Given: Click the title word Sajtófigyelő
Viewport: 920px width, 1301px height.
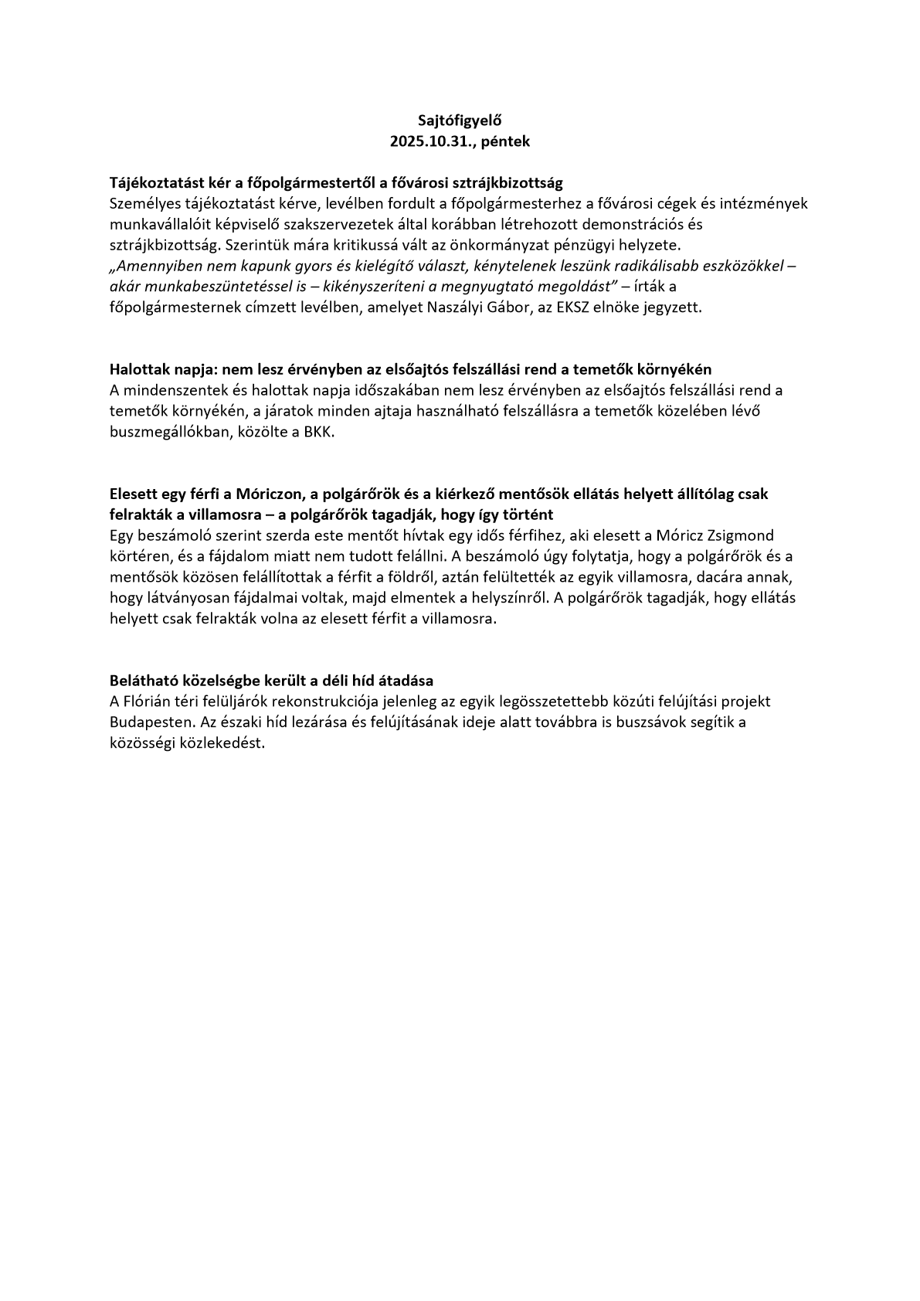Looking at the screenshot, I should point(460,121).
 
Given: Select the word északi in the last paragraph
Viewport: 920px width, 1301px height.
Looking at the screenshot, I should point(242,722).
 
